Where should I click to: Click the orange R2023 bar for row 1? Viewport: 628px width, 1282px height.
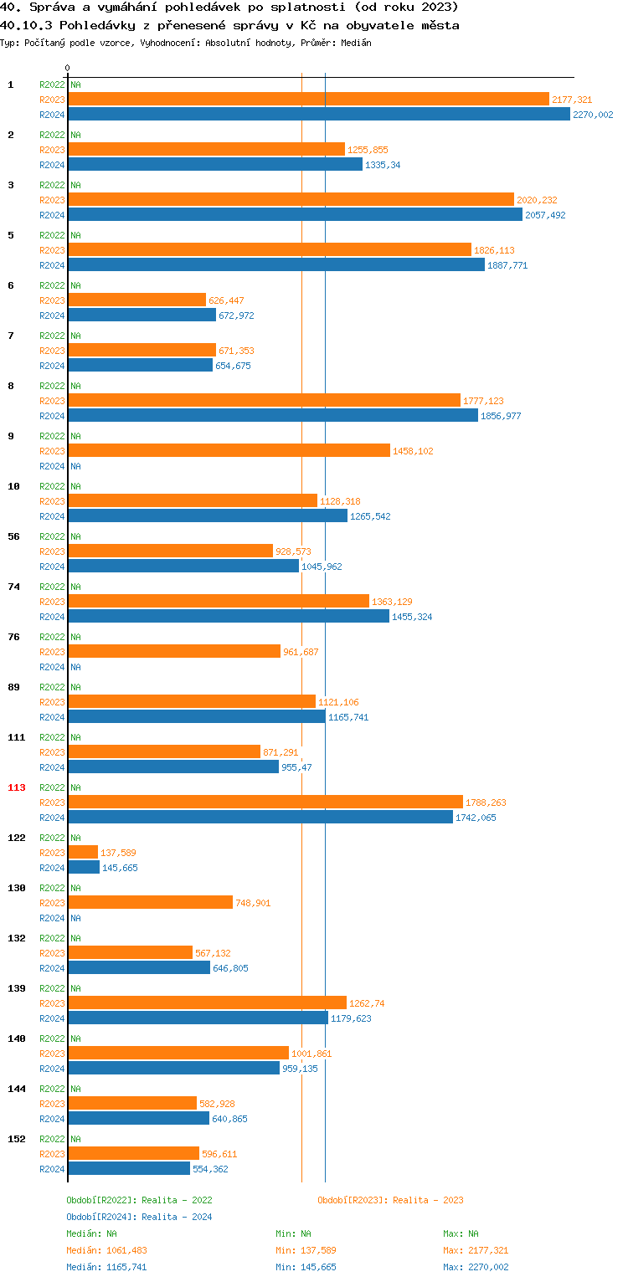[x=308, y=99]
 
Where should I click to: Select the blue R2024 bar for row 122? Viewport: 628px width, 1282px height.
[x=84, y=867]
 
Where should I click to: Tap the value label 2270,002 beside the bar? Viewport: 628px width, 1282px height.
[x=593, y=115]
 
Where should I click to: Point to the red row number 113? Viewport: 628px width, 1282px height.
[x=17, y=787]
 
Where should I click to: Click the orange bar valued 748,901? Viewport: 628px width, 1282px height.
[x=151, y=902]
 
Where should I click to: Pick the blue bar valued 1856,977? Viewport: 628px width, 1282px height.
[x=273, y=415]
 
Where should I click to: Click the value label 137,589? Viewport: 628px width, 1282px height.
[x=118, y=853]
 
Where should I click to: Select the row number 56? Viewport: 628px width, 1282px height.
[x=13, y=536]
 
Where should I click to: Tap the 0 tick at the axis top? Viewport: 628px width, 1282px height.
[x=68, y=68]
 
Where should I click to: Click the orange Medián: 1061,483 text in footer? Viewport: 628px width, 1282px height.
[x=106, y=1250]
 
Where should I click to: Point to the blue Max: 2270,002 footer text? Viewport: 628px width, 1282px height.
[x=476, y=1267]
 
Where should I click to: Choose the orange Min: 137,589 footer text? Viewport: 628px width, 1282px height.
[x=306, y=1250]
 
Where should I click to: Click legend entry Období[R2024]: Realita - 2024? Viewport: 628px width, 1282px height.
[x=139, y=1217]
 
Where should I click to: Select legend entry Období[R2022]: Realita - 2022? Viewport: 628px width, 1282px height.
[x=139, y=1200]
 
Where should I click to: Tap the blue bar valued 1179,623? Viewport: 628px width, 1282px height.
[x=198, y=1018]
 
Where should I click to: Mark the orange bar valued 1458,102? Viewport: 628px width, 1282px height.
[x=229, y=450]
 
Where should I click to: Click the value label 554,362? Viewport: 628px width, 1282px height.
[x=210, y=1169]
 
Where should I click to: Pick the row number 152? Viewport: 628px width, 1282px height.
[x=17, y=1139]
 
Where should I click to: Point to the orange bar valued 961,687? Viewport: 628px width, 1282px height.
[x=174, y=651]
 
